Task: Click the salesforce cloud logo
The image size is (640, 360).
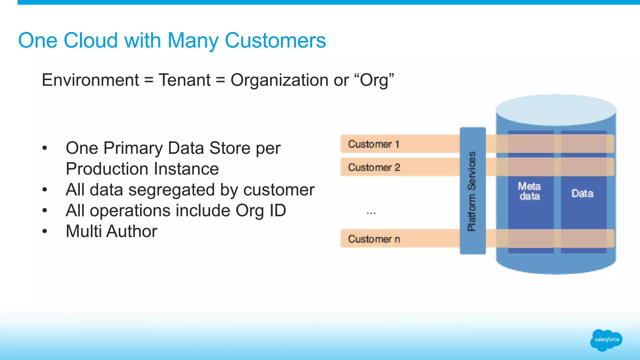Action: click(x=606, y=340)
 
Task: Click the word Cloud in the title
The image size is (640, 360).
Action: click(x=91, y=41)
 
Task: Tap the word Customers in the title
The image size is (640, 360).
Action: click(x=275, y=41)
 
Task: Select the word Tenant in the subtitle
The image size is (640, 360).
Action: click(x=185, y=80)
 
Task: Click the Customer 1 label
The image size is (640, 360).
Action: click(x=373, y=144)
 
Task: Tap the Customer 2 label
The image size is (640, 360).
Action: click(x=374, y=167)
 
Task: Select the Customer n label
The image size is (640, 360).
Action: click(x=374, y=239)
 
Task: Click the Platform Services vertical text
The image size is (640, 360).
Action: click(x=472, y=191)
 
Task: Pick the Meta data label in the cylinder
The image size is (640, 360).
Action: click(x=529, y=191)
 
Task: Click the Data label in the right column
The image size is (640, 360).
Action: click(x=582, y=193)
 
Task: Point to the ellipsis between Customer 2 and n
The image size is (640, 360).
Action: click(x=371, y=213)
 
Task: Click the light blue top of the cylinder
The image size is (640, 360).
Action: click(x=556, y=109)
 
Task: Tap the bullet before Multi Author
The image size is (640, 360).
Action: click(x=45, y=232)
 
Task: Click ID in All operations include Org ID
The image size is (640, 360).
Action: click(x=277, y=211)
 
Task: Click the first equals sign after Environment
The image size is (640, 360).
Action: click(x=149, y=80)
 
